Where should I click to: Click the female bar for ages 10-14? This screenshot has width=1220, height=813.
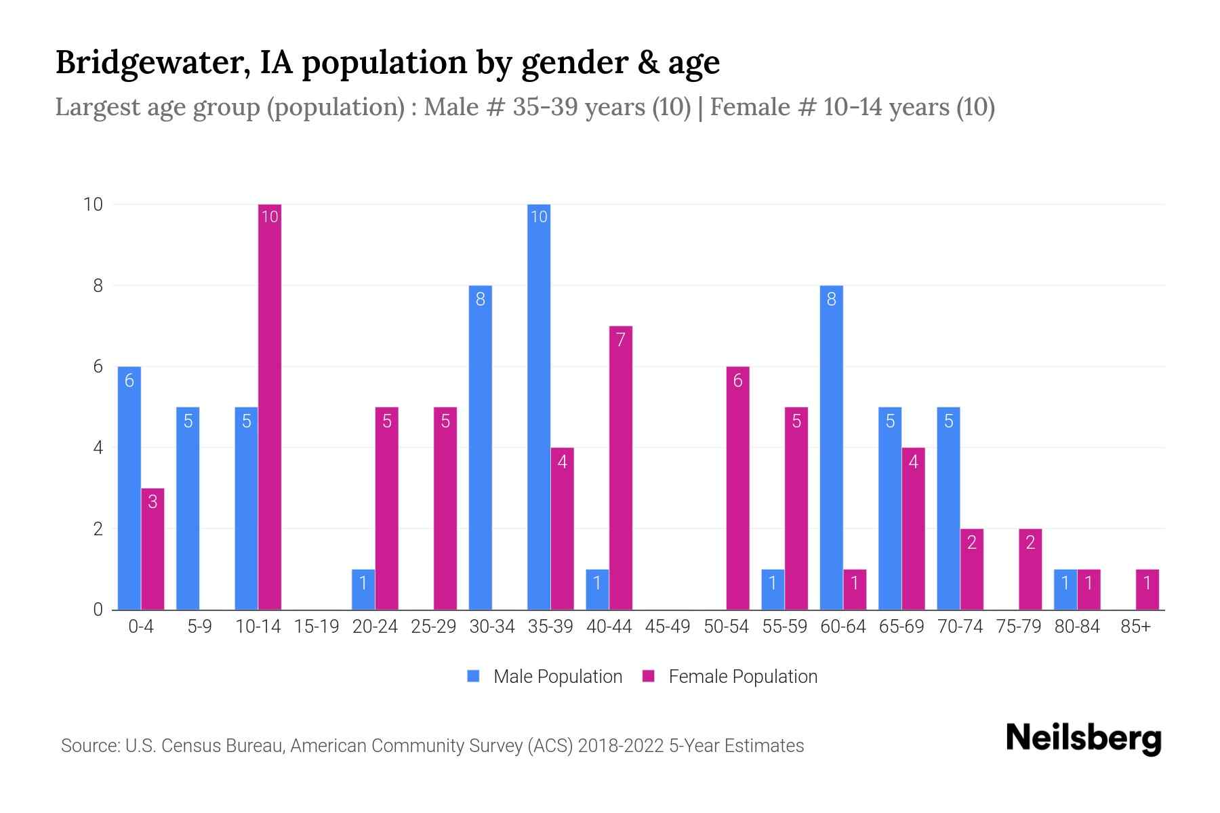click(x=270, y=406)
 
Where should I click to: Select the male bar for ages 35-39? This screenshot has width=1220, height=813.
click(x=539, y=406)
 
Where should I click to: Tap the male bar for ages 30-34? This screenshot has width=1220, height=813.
click(x=480, y=447)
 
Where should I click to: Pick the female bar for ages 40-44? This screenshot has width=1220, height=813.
click(x=621, y=467)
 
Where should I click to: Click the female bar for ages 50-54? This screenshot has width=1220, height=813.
click(x=737, y=488)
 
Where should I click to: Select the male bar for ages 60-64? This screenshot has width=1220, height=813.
click(x=831, y=447)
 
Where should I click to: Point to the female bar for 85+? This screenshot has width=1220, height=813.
click(x=1147, y=589)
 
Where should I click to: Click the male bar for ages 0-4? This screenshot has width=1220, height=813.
click(x=129, y=488)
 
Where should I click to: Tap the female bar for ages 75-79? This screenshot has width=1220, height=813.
click(x=1030, y=569)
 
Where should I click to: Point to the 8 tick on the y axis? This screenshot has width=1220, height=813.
click(x=98, y=286)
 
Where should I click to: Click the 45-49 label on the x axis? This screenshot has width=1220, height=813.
click(x=668, y=627)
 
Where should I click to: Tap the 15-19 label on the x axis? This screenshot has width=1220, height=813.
click(x=317, y=627)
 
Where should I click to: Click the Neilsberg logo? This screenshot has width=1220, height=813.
click(x=1083, y=738)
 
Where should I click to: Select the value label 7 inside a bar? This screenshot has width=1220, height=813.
click(x=621, y=339)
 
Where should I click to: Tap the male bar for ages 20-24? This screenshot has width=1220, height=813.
click(x=363, y=589)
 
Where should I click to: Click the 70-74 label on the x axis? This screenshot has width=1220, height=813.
click(x=960, y=627)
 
